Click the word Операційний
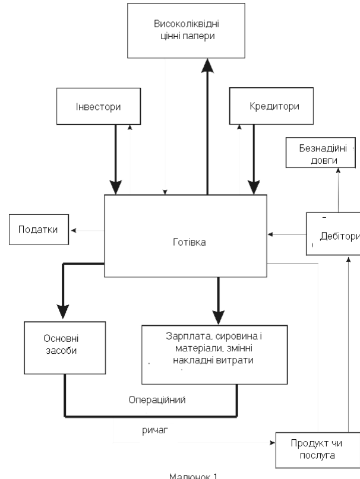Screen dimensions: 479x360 [157, 399]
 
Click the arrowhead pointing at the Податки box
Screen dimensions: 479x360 [72, 230]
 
